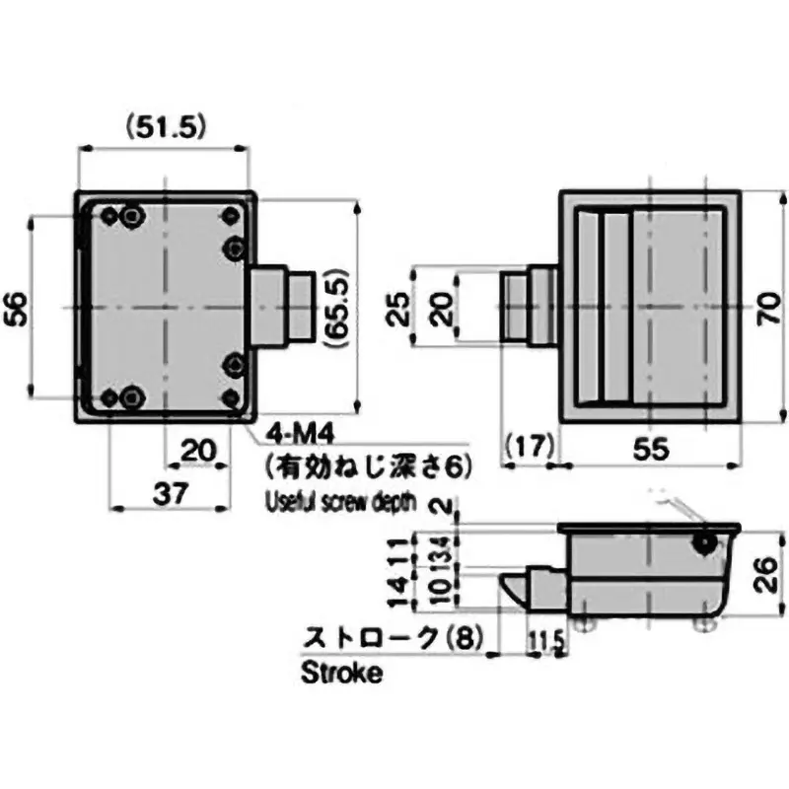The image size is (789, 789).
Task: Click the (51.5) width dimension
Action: (163, 125)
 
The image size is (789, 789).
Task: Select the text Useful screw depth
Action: (341, 502)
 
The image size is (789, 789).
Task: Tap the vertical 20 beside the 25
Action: (447, 309)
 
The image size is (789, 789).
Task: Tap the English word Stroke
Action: (340, 675)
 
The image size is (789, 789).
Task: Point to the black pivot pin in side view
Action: (704, 542)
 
